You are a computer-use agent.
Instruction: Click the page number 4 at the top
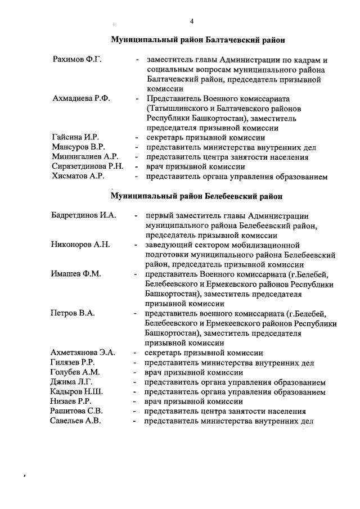pos(191,21)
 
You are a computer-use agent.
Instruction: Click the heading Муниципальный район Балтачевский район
pos(197,40)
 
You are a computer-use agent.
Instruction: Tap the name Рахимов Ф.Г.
pos(76,60)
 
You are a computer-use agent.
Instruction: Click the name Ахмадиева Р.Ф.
pos(81,98)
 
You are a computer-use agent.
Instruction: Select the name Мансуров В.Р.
pos(78,147)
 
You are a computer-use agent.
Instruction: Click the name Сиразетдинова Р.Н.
pos(87,166)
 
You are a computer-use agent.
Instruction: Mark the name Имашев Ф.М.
pos(76,274)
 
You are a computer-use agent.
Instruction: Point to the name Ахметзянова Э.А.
pos(83,353)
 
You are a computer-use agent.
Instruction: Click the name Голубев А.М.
pos(75,372)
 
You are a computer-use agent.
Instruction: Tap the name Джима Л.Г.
pos(72,382)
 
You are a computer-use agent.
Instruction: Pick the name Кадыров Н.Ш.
pos(76,392)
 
